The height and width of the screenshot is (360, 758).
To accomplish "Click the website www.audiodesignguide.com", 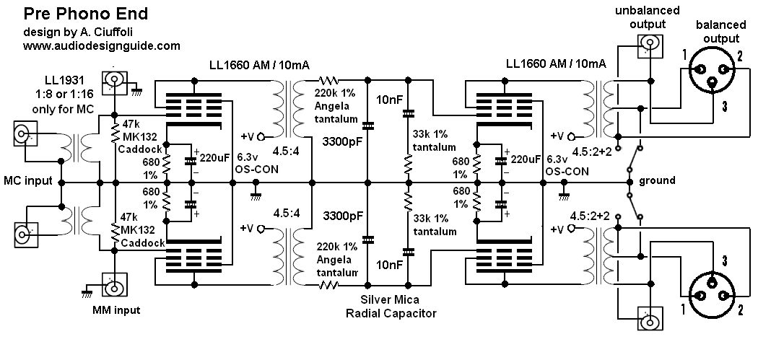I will click(x=101, y=45).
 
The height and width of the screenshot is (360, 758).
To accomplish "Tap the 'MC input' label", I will click(x=27, y=180).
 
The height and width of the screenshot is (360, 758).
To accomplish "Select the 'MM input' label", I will click(x=116, y=311).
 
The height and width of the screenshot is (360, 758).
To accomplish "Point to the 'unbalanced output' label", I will click(x=640, y=18).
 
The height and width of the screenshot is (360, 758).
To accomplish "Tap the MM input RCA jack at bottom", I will click(x=113, y=288).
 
